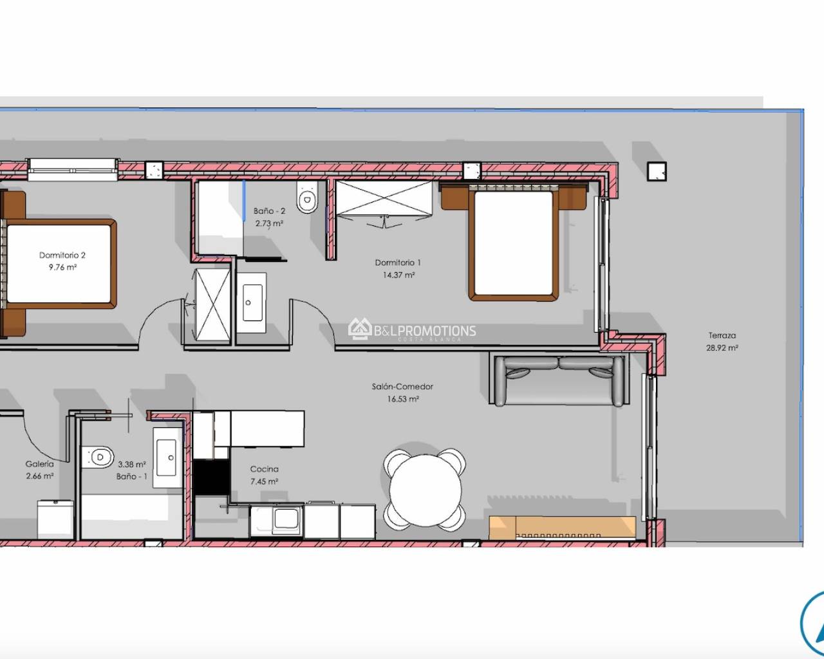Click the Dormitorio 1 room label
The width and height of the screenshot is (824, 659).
[x=398, y=263]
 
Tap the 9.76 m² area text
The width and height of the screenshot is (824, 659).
[x=62, y=267]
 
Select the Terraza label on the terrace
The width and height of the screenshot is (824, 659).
[x=722, y=335]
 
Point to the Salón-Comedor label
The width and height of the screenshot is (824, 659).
[x=402, y=387]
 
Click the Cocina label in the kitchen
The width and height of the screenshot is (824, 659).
[x=264, y=469]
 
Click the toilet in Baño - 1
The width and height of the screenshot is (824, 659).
[x=99, y=456]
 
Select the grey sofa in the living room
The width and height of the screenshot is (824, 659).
[x=557, y=380]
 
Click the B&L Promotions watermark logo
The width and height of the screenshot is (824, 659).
[x=412, y=331]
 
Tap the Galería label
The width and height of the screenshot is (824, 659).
[x=39, y=464]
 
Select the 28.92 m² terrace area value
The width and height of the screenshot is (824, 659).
[x=722, y=348]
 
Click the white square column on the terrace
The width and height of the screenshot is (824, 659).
[x=657, y=171]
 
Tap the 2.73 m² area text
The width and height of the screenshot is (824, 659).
[x=269, y=223]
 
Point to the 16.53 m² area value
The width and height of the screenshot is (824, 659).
[x=403, y=399]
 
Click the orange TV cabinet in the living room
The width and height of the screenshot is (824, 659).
[x=563, y=527]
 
